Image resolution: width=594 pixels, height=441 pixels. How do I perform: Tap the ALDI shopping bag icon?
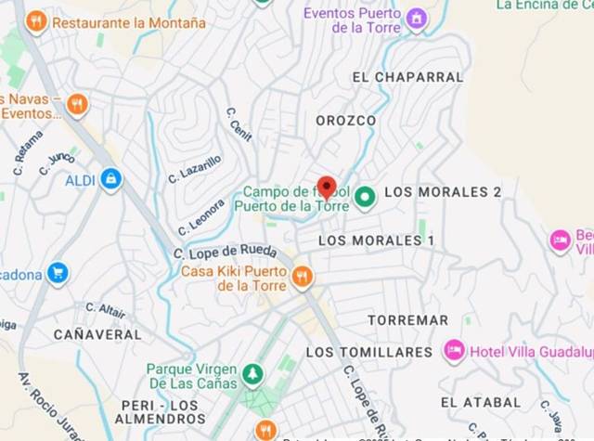(111, 178)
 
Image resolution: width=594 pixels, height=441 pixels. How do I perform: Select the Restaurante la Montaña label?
(129, 21)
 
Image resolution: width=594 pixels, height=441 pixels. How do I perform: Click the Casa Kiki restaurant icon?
(302, 276)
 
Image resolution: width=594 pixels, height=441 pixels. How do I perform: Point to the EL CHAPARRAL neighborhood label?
(407, 77)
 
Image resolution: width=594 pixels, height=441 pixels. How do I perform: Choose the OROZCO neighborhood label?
(345, 121)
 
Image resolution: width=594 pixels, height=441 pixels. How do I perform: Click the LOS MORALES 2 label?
(443, 192)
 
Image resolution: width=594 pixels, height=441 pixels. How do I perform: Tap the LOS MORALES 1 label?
(376, 240)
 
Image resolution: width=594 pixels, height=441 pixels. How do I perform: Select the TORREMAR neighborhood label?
(407, 320)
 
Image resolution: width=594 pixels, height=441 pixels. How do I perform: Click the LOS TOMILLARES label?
(369, 352)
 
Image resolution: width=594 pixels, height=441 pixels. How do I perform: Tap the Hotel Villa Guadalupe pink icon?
(454, 350)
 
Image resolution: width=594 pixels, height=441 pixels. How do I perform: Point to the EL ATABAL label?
(480, 402)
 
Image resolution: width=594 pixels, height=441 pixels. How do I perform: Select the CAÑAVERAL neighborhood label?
(97, 333)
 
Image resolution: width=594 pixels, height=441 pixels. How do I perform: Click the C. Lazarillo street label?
(195, 168)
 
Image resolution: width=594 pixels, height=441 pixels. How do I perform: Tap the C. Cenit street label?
(239, 123)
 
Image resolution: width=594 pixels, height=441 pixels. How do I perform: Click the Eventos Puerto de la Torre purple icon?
(417, 19)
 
